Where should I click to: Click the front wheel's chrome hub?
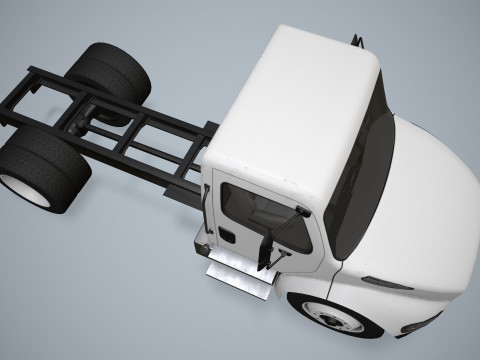click(x=331, y=319)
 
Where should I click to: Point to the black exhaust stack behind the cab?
click(x=354, y=40)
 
